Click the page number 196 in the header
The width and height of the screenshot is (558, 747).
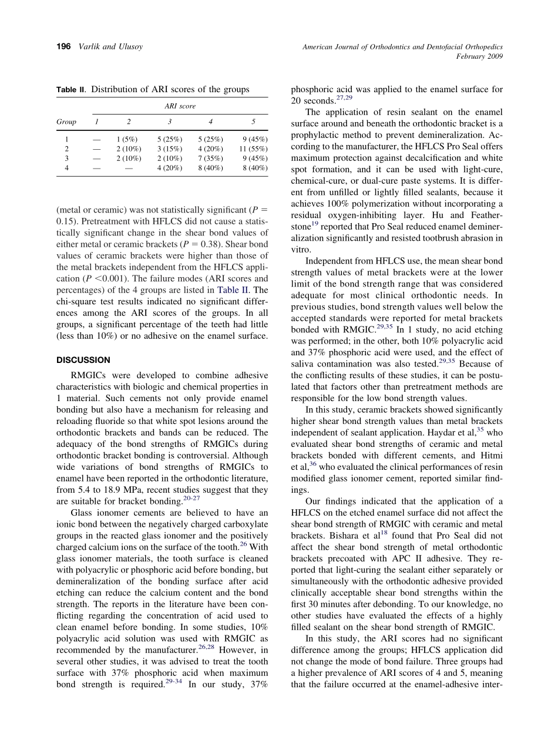64,47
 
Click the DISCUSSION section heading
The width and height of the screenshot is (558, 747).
83,360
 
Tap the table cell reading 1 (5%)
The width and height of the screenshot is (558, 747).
129,139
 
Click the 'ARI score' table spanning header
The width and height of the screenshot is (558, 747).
180,106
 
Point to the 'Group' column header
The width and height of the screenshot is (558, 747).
66,122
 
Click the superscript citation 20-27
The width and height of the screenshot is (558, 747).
191,498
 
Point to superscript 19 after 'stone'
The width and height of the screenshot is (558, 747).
316,223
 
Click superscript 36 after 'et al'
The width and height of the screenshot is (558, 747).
312,464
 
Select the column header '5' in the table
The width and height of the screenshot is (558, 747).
253,122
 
